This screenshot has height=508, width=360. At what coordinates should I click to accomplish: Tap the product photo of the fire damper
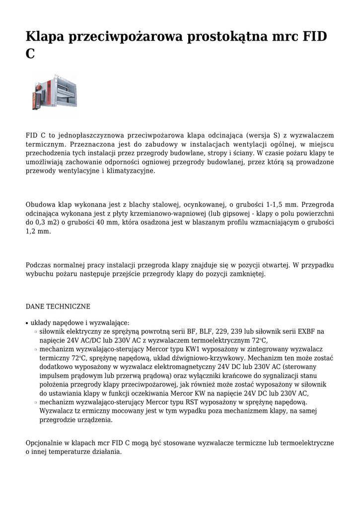point(55,92)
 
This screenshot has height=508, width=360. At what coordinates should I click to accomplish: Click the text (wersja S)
point(263,135)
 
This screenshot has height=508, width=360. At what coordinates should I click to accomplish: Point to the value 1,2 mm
point(38,231)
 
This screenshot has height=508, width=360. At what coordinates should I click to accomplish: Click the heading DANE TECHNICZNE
point(58,307)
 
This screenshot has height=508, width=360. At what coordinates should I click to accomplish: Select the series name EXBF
point(297,331)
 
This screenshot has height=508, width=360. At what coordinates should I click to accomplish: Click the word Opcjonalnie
point(44,443)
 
